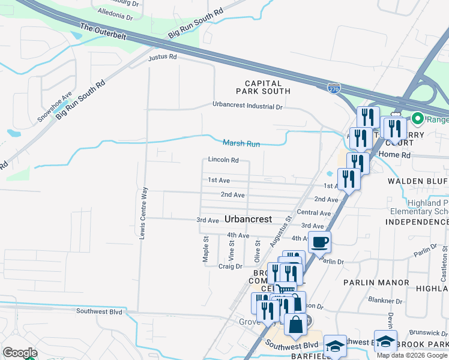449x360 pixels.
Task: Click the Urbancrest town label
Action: (x=249, y=219)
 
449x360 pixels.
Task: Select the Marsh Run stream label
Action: (x=241, y=143)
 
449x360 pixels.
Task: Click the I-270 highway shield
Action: (x=334, y=88)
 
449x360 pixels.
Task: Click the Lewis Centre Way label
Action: (x=143, y=213)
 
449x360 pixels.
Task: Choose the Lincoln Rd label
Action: (x=223, y=160)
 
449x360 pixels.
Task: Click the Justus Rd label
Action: (x=163, y=58)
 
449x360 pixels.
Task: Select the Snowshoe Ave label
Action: (x=55, y=107)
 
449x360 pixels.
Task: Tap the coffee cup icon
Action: (x=319, y=242)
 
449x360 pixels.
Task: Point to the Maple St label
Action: (x=205, y=248)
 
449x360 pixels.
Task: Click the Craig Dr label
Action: (x=230, y=266)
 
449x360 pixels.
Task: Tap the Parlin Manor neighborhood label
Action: (x=376, y=282)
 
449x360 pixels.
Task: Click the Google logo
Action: (x=20, y=353)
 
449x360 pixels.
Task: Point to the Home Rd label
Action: (x=398, y=154)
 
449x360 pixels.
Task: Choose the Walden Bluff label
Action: (x=418, y=181)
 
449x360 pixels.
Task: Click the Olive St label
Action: (x=258, y=251)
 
